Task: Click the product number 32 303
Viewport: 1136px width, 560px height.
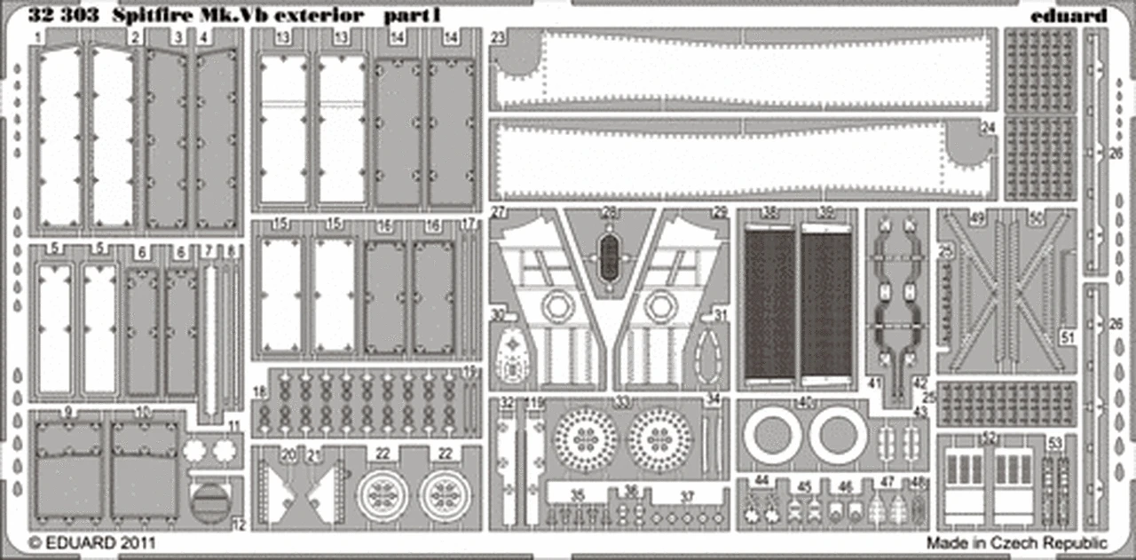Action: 59,16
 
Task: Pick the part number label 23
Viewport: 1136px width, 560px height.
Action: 498,37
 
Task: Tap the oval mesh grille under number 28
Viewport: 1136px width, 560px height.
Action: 609,256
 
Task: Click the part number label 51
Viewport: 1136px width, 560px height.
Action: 1068,336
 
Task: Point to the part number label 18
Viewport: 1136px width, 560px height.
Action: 258,391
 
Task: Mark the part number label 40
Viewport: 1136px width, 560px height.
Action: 806,402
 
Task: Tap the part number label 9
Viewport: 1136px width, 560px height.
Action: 68,413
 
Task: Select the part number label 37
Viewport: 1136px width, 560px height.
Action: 687,496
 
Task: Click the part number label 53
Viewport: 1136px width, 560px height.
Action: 1054,442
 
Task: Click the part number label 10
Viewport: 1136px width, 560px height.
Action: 143,413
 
